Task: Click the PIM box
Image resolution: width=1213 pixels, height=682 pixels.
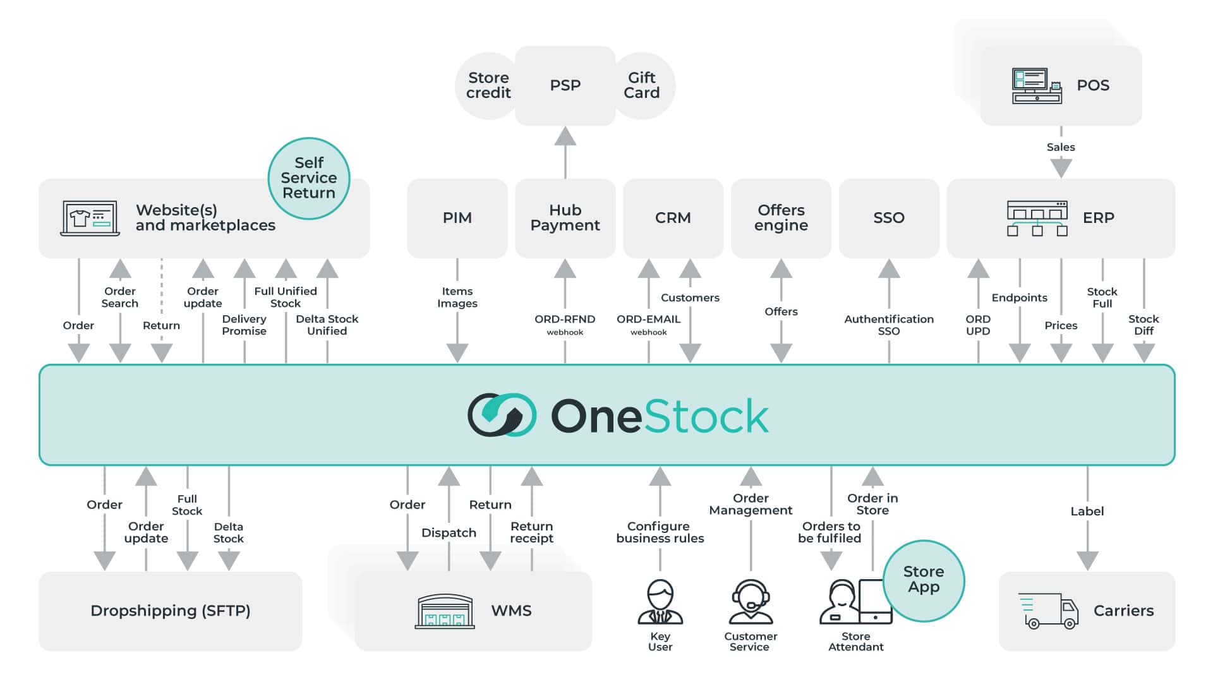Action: click(457, 218)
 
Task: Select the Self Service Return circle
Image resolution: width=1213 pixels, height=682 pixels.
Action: click(309, 178)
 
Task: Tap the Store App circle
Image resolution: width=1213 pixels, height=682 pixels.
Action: click(923, 580)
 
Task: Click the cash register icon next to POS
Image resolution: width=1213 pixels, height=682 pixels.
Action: click(1036, 86)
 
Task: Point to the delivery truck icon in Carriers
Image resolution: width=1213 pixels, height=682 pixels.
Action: click(1048, 611)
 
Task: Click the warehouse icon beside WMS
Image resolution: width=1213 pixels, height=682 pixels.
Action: click(444, 611)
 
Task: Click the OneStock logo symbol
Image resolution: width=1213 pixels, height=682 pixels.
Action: click(502, 415)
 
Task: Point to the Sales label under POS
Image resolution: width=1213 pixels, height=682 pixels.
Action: click(1061, 147)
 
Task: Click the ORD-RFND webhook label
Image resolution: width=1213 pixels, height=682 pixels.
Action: click(565, 325)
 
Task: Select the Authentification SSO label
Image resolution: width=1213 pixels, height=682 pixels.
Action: click(888, 325)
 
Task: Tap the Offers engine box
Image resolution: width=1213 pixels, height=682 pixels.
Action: click(781, 218)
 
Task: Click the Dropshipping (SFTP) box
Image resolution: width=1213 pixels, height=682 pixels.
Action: click(171, 611)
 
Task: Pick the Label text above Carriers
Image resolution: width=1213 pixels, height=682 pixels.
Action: click(1087, 512)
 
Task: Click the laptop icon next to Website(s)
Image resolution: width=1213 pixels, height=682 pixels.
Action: click(90, 218)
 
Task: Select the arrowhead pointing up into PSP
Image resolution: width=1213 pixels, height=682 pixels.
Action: click(565, 136)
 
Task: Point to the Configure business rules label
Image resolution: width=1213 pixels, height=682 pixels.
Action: click(660, 532)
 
